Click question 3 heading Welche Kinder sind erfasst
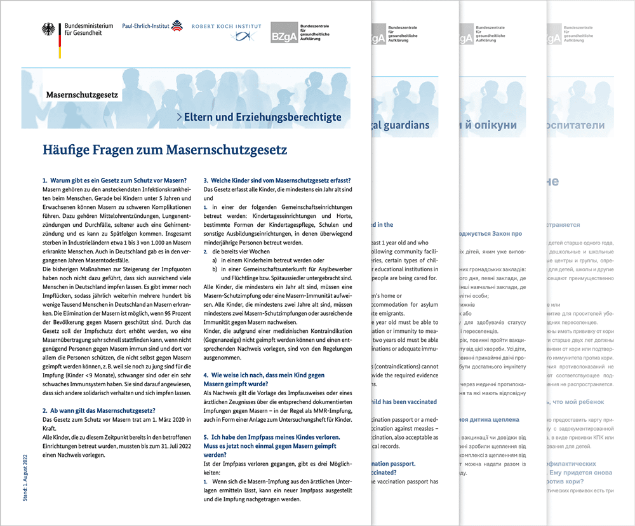coord(277,181)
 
